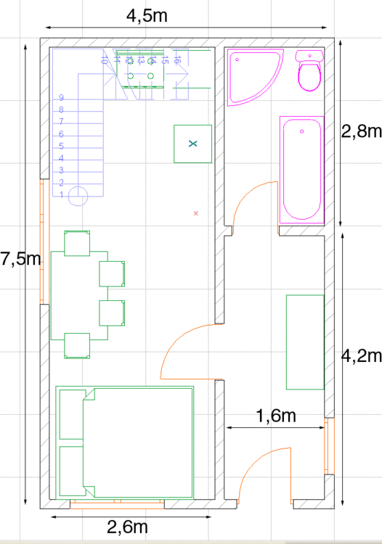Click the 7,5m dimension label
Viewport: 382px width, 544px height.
point(20,260)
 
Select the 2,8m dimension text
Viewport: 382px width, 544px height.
point(361,131)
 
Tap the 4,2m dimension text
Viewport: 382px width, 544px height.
point(361,355)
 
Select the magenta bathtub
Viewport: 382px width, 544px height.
point(302,170)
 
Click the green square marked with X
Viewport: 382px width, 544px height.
point(192,144)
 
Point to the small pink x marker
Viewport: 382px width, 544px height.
point(196,213)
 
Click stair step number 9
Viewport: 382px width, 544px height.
point(62,97)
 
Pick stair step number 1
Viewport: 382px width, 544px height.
point(62,194)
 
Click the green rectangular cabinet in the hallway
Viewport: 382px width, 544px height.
point(305,342)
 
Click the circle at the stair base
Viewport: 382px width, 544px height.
point(78,194)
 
